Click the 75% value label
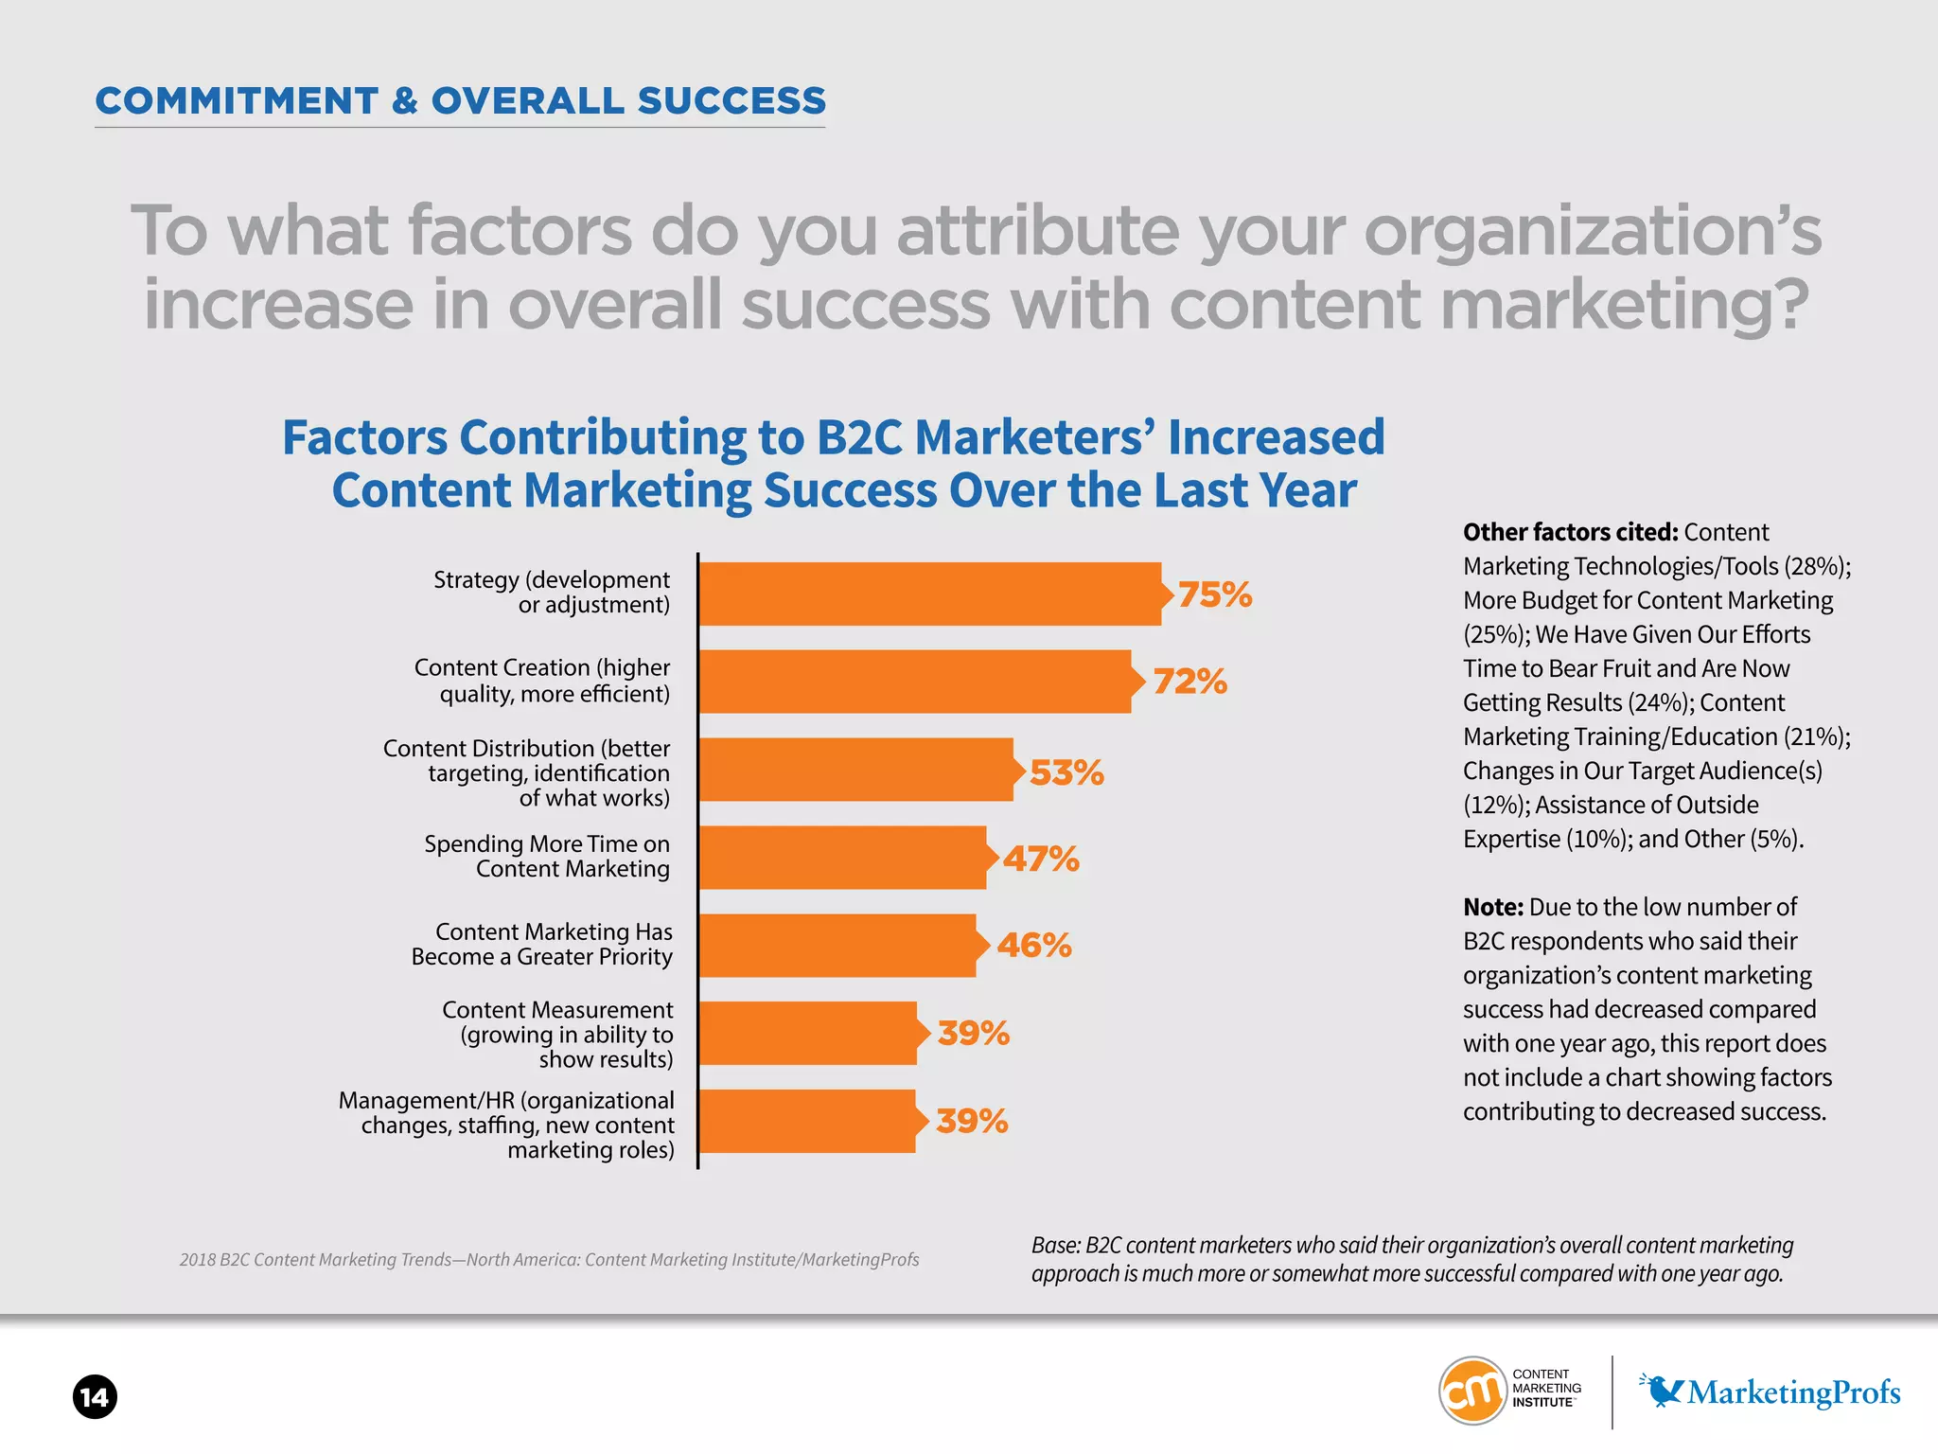point(1214,594)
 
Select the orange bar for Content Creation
point(914,682)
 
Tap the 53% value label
point(1066,772)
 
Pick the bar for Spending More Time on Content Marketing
point(842,858)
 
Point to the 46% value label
point(1033,945)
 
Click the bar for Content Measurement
point(808,1033)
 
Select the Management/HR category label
point(507,1125)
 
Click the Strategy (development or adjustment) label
point(552,592)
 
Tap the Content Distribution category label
point(527,772)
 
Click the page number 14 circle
point(95,1396)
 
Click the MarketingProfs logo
point(1770,1392)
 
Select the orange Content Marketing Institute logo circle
point(1472,1390)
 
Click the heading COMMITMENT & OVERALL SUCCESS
point(461,100)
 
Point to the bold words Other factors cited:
point(1570,532)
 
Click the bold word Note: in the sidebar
point(1492,907)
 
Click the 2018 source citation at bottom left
point(549,1259)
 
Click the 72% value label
point(1189,682)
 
